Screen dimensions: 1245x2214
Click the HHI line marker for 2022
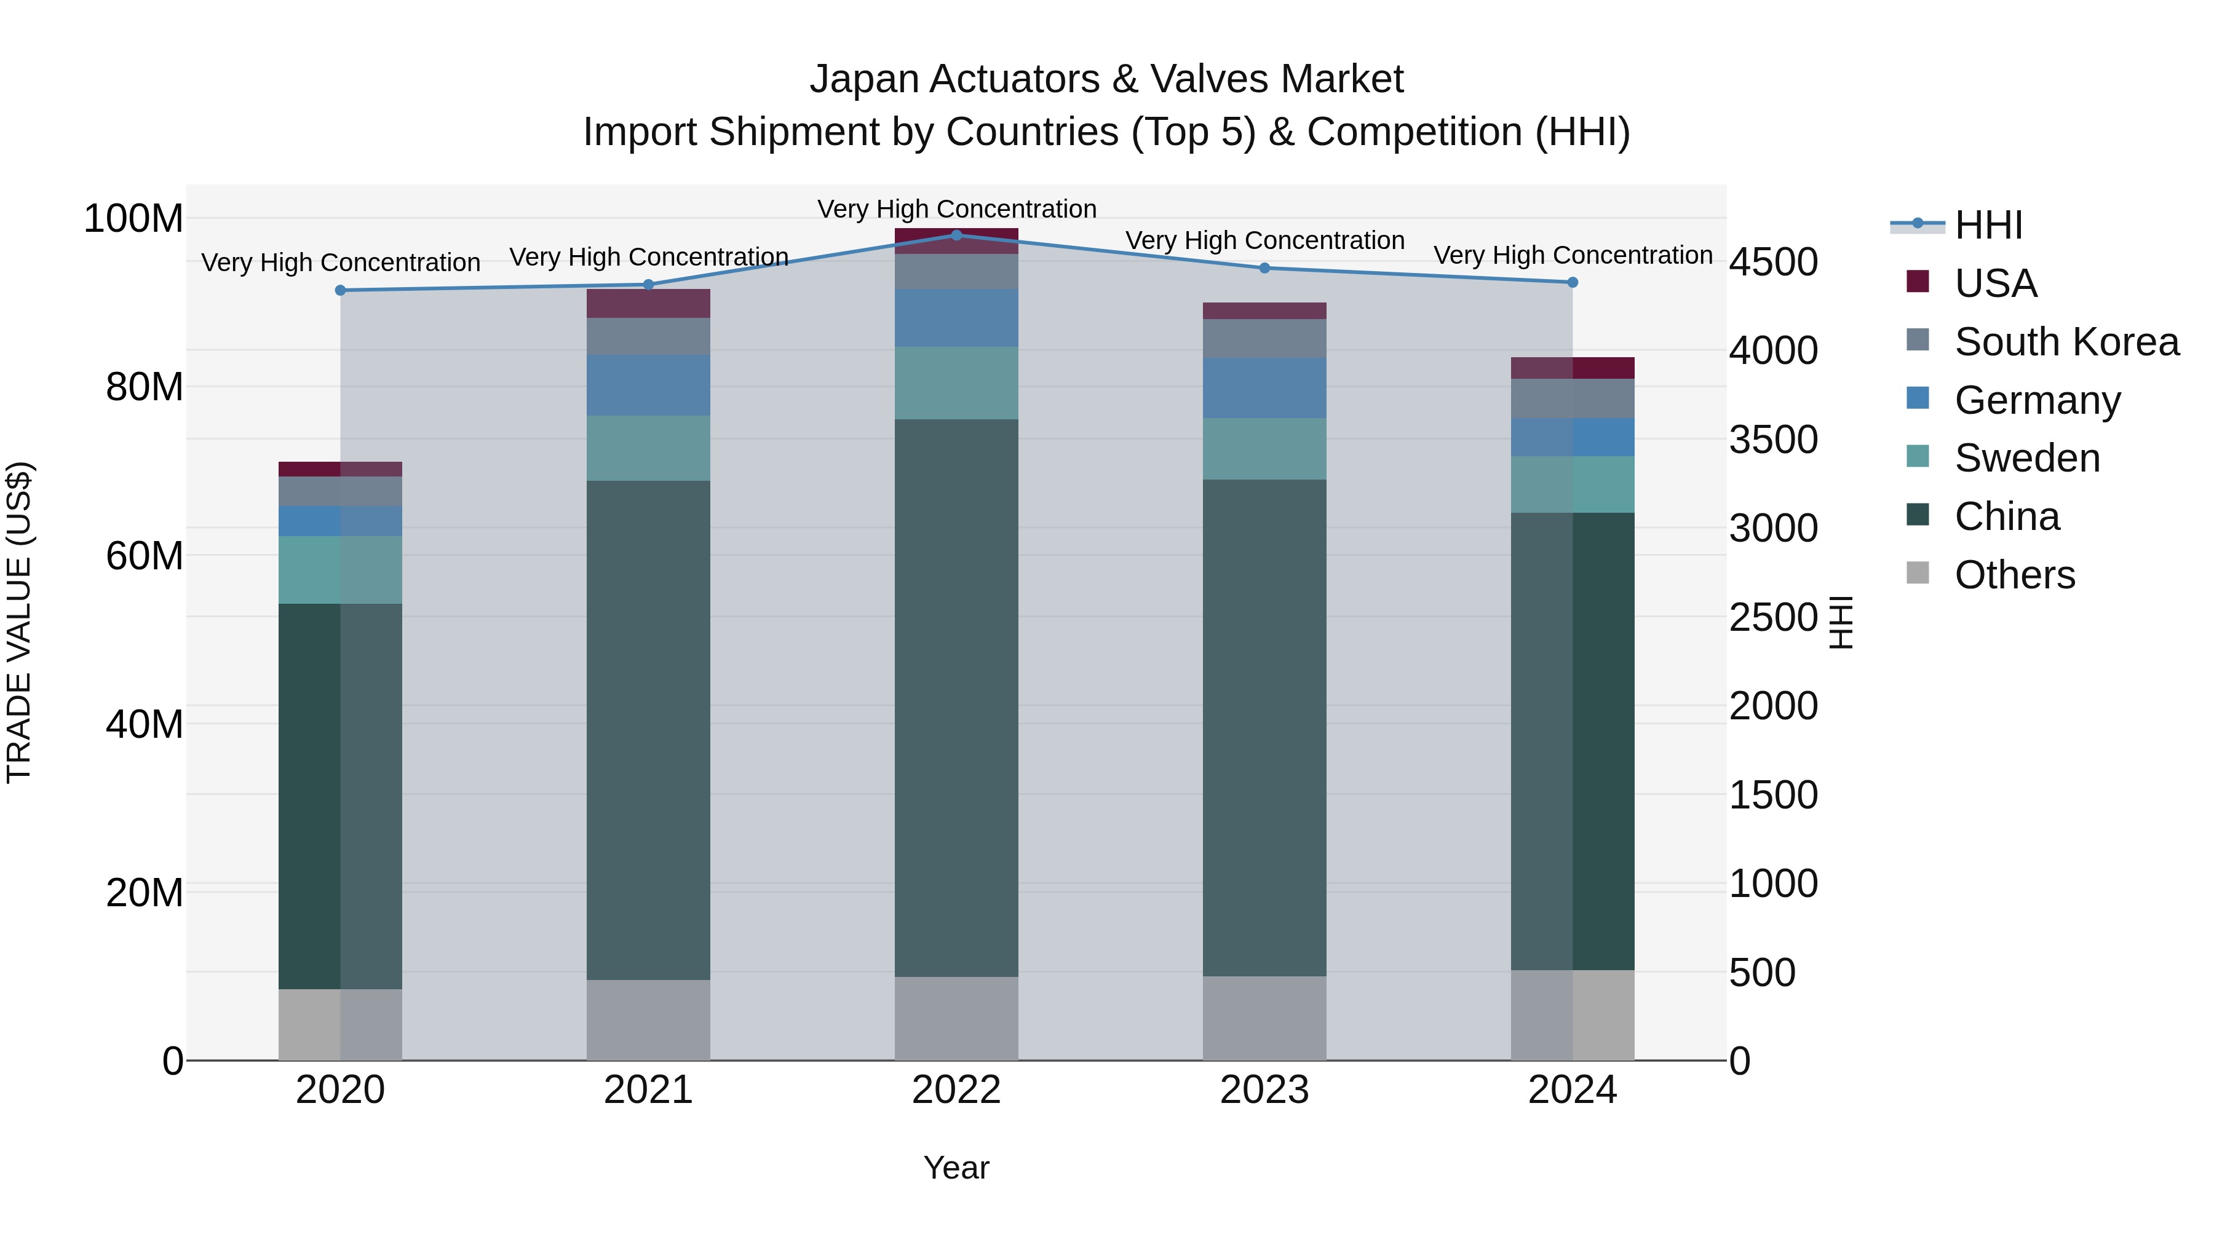(x=956, y=235)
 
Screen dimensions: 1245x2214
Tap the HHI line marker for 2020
(x=340, y=290)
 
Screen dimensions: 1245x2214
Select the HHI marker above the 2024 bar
(x=1572, y=282)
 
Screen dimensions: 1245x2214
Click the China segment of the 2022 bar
(x=956, y=698)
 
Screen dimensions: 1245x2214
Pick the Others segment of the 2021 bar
(x=648, y=1020)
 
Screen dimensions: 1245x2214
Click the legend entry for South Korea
(x=2066, y=342)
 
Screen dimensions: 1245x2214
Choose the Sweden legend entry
(x=2026, y=458)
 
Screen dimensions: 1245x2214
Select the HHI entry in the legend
(x=1988, y=225)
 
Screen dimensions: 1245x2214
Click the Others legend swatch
(x=1918, y=573)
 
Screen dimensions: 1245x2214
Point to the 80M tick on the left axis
(x=143, y=387)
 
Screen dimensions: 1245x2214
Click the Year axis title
(x=956, y=1168)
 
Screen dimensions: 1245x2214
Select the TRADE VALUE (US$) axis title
(x=19, y=622)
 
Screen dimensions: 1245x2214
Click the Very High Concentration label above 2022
(x=956, y=209)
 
